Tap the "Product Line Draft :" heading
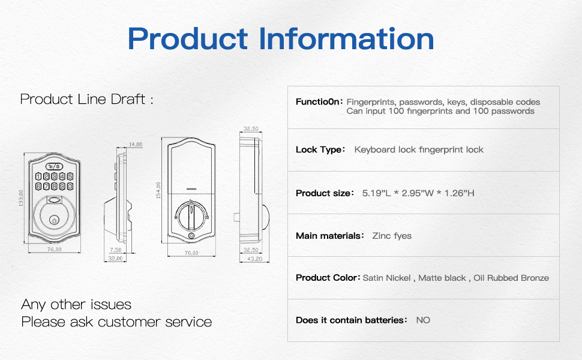[86, 99]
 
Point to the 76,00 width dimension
[55, 250]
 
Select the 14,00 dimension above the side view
[135, 145]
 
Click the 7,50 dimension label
[116, 250]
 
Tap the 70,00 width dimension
[191, 253]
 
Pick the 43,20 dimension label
[254, 259]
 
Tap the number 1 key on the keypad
[38, 176]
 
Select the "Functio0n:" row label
[319, 102]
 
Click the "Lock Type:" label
[320, 149]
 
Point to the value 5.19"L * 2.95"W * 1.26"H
[419, 193]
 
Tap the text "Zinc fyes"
[392, 236]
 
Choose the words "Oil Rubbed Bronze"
[511, 278]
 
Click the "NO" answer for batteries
[423, 320]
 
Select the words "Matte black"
[442, 278]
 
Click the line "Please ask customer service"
[116, 322]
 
